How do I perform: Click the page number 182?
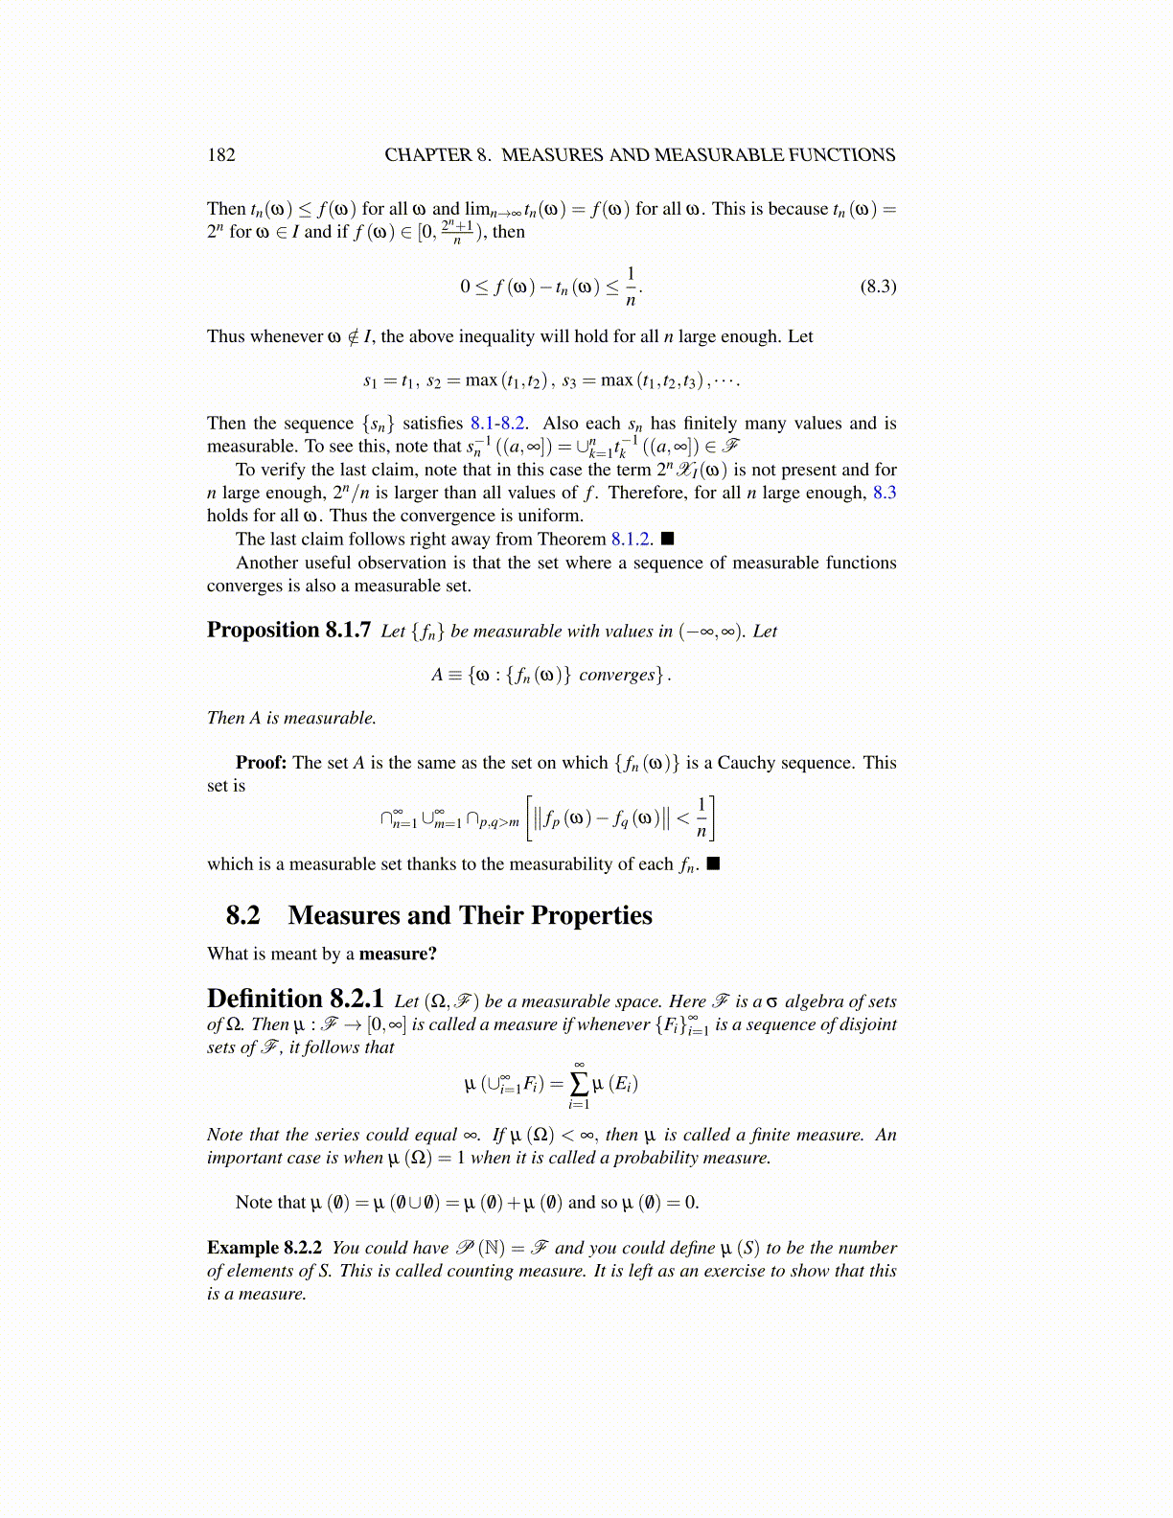tap(220, 155)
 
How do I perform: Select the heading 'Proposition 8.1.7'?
tap(288, 630)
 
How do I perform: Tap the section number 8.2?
tap(242, 915)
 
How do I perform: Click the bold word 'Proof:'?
tap(261, 763)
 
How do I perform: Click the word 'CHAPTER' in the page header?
tap(428, 155)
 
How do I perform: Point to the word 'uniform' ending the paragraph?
tap(552, 516)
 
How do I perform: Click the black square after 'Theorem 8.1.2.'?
tap(668, 539)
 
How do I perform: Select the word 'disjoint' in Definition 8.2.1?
tap(864, 1023)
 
